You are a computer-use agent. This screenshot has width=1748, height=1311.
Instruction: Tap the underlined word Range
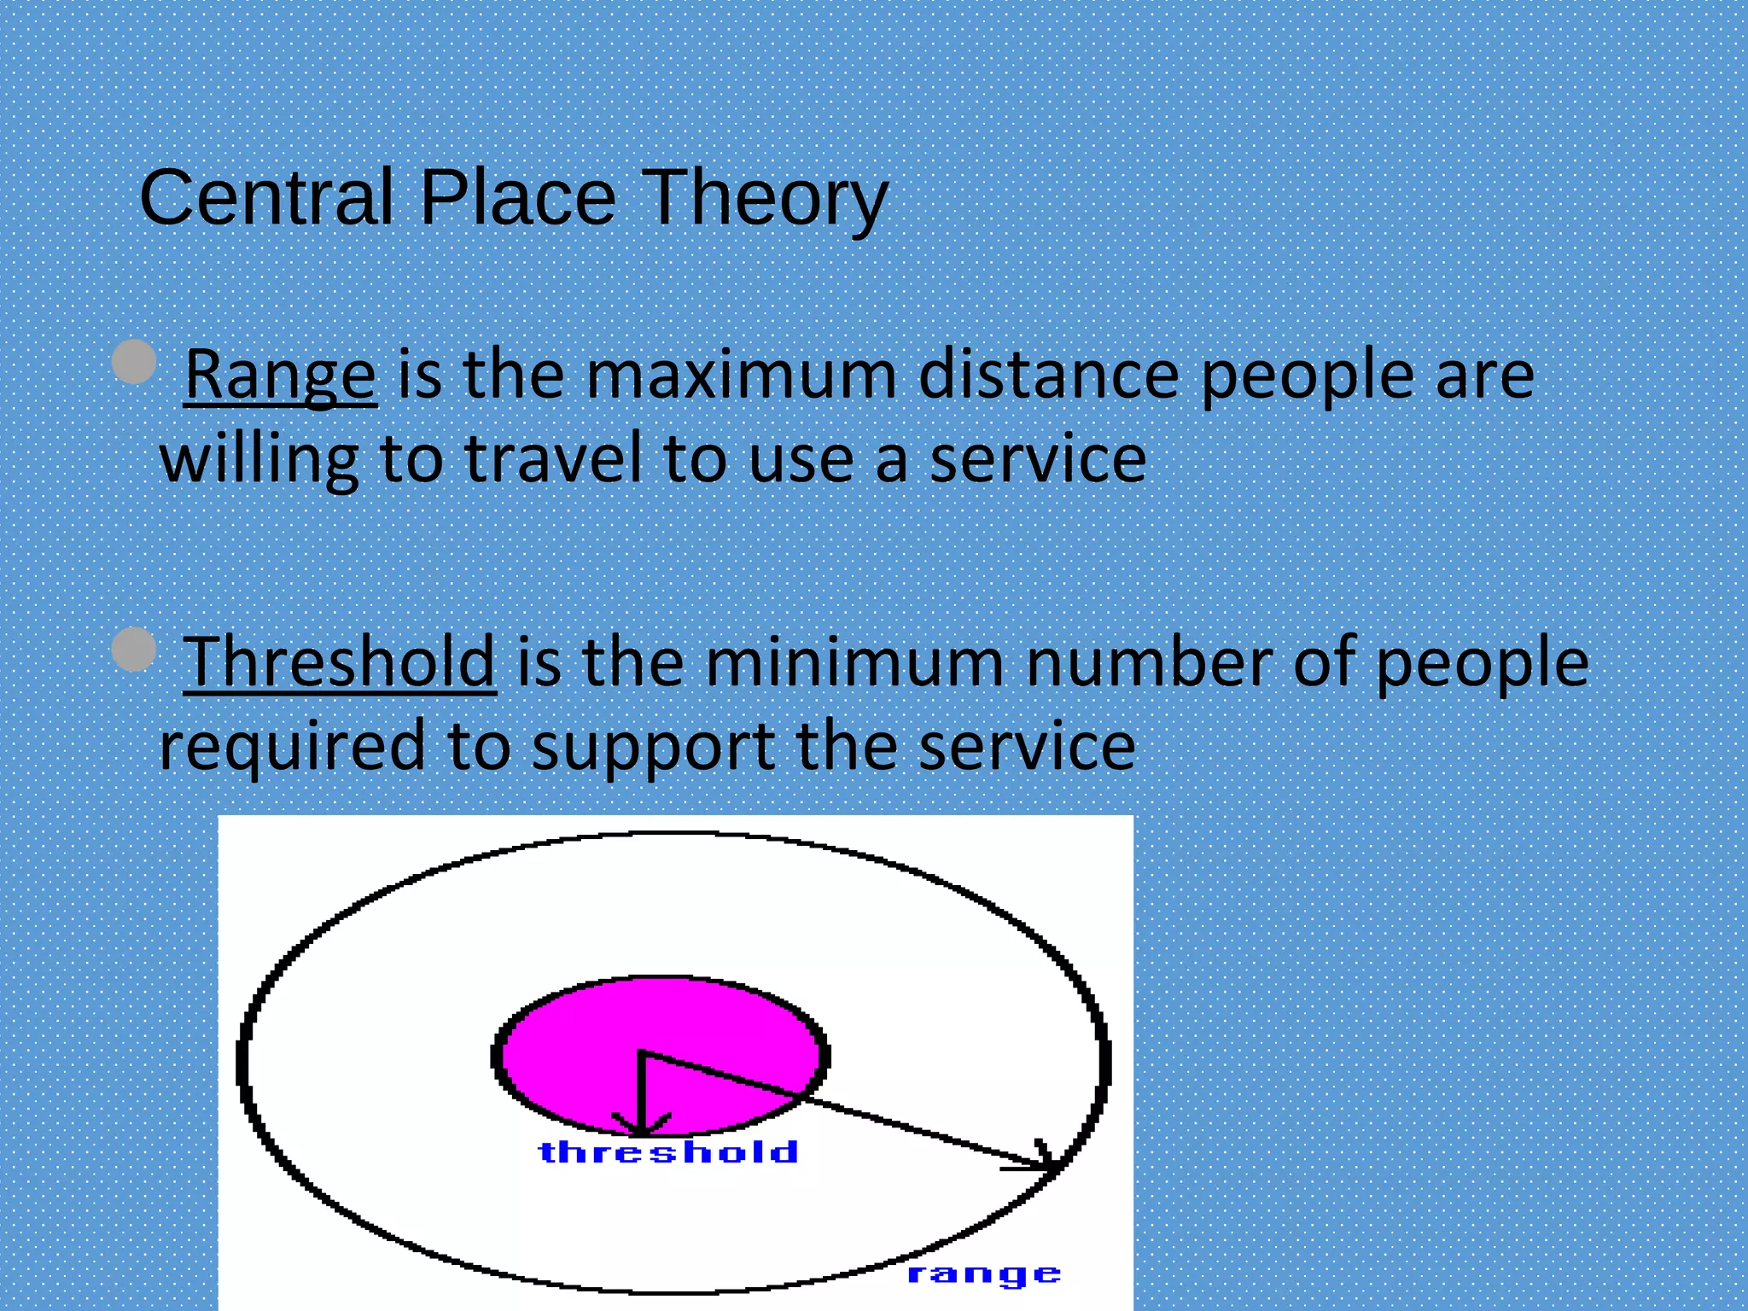[280, 375]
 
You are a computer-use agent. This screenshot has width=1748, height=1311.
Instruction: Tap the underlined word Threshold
[339, 661]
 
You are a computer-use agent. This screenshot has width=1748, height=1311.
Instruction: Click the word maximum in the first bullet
[741, 375]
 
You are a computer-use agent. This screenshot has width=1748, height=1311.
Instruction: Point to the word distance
[1049, 375]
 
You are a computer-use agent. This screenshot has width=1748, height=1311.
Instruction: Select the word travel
[555, 458]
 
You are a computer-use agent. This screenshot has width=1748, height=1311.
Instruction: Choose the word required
[292, 745]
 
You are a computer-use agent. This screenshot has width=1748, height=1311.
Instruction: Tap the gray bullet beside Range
[134, 361]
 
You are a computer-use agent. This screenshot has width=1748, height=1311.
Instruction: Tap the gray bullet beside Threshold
[134, 649]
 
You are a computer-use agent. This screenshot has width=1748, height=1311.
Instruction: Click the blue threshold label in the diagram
[668, 1152]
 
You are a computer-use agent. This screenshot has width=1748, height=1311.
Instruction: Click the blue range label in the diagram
[983, 1275]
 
